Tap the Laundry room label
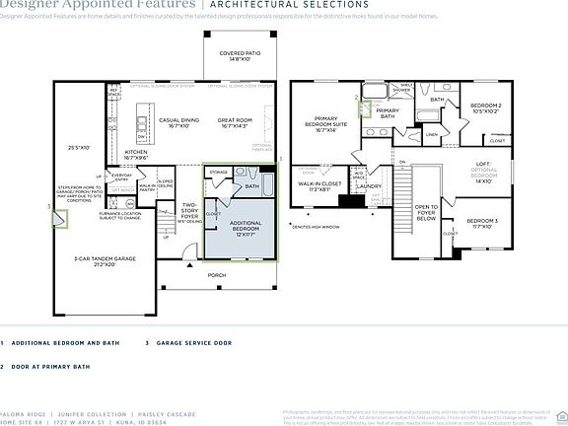tap(369, 185)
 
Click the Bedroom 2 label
tap(487, 107)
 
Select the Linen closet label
tap(432, 135)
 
